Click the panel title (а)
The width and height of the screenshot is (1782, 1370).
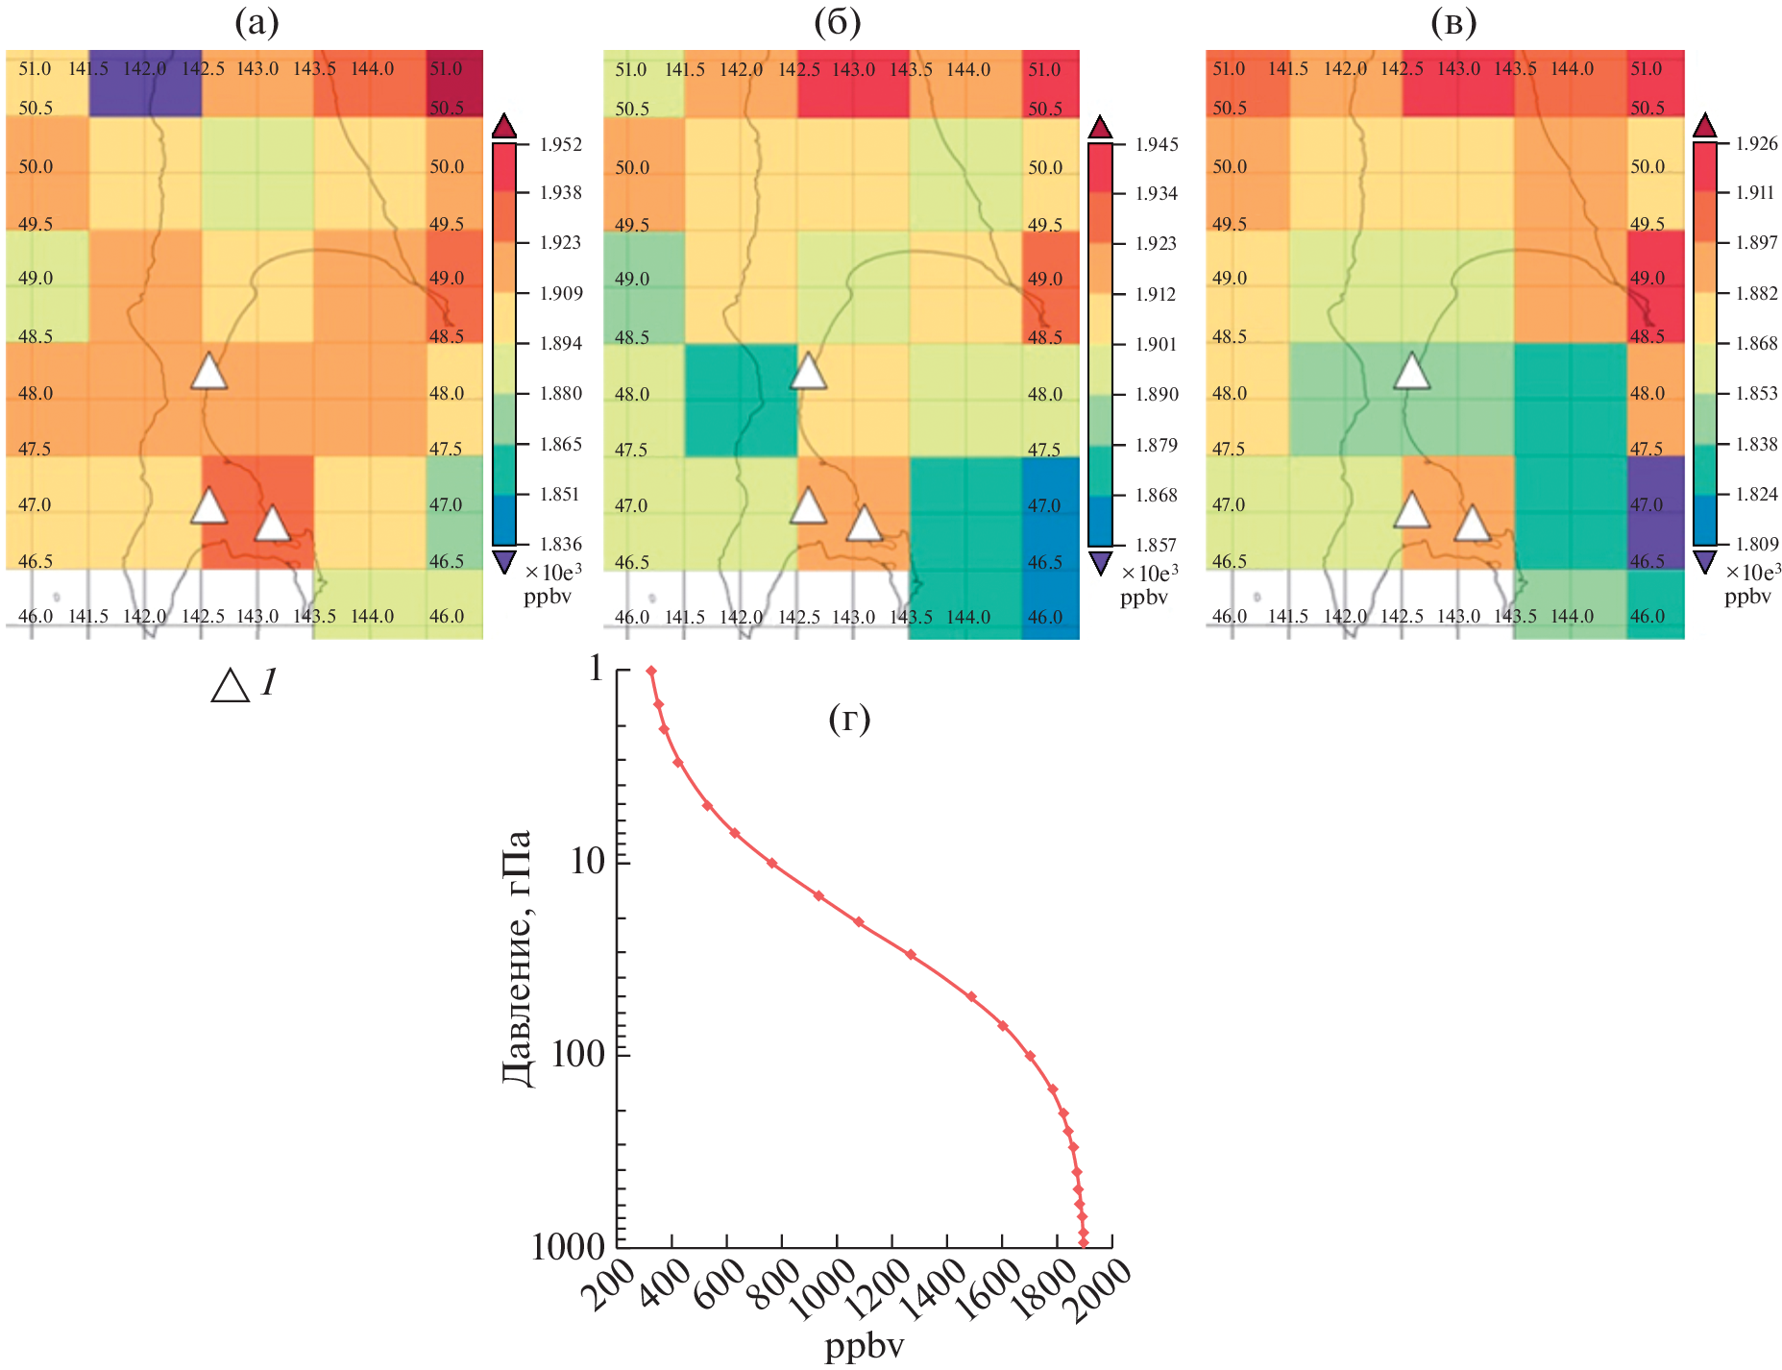coord(256,22)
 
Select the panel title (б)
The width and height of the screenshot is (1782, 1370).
coord(837,22)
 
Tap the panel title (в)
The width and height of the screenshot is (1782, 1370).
coord(1452,22)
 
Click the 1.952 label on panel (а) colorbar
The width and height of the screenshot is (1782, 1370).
coord(560,144)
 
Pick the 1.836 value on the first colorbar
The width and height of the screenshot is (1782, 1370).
coord(560,544)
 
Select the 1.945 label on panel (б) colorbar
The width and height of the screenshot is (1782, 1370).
coord(1157,144)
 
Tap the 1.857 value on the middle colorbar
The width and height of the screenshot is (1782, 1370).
coord(1157,545)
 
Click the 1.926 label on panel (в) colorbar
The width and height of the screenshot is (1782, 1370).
coord(1756,143)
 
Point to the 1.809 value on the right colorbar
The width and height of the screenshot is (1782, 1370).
coord(1756,544)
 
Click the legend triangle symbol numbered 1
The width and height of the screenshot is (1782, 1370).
coord(231,686)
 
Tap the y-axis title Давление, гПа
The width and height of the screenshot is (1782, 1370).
coord(517,957)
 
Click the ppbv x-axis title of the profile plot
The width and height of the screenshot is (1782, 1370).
coord(864,1345)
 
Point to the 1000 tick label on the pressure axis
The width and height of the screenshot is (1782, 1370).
coord(568,1246)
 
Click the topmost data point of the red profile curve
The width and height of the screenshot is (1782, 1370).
coord(650,672)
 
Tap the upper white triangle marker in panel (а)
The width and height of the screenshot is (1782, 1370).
coord(208,371)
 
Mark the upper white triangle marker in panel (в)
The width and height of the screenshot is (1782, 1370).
coord(1411,371)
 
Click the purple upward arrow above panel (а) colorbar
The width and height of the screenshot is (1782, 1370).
coord(504,126)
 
